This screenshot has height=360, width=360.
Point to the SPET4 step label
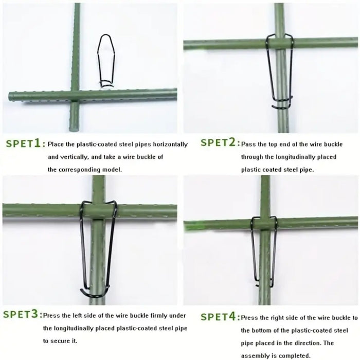coord(219,317)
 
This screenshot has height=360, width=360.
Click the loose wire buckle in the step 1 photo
coord(106,60)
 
